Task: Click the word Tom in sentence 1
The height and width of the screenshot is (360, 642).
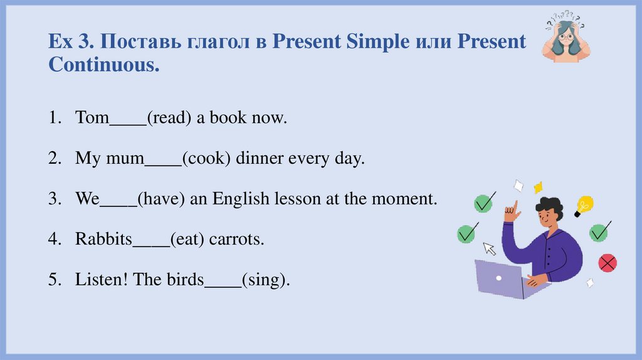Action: coord(92,118)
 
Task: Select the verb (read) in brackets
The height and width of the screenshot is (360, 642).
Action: coord(169,118)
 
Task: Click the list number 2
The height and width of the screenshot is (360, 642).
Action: coord(54,159)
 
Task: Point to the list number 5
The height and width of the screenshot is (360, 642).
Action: coord(54,280)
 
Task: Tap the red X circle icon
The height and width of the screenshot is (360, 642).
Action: coord(607,262)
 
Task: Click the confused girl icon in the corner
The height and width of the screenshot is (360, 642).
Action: coord(566,39)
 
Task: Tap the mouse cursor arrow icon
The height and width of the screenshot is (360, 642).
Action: coord(489,248)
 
